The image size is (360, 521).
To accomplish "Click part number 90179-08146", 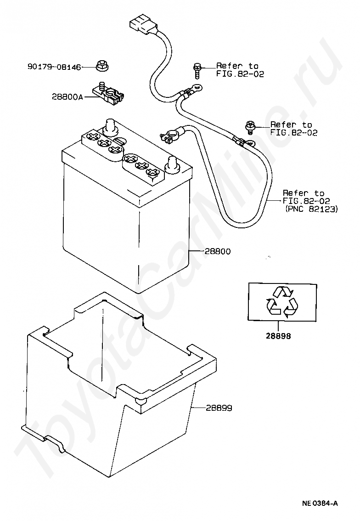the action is pyautogui.click(x=54, y=67).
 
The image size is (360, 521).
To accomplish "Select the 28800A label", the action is pyautogui.click(x=67, y=96).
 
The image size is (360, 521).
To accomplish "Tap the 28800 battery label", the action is pyautogui.click(x=218, y=251).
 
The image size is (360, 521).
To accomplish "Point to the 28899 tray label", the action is pyautogui.click(x=219, y=408).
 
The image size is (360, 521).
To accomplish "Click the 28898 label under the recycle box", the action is pyautogui.click(x=278, y=336).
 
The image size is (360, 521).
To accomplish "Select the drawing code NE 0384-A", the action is pyautogui.click(x=320, y=504).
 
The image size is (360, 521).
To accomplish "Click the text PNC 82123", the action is pyautogui.click(x=311, y=209).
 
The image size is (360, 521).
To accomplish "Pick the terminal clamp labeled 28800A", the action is pyautogui.click(x=108, y=94).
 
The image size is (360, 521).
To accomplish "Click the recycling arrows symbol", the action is pyautogui.click(x=281, y=301).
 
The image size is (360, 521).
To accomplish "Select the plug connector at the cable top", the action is pyautogui.click(x=142, y=26).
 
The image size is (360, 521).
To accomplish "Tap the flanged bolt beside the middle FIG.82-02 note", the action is pyautogui.click(x=250, y=127).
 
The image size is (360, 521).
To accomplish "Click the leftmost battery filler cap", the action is pyautogui.click(x=92, y=137).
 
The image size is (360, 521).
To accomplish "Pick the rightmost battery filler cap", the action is pyautogui.click(x=153, y=172).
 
